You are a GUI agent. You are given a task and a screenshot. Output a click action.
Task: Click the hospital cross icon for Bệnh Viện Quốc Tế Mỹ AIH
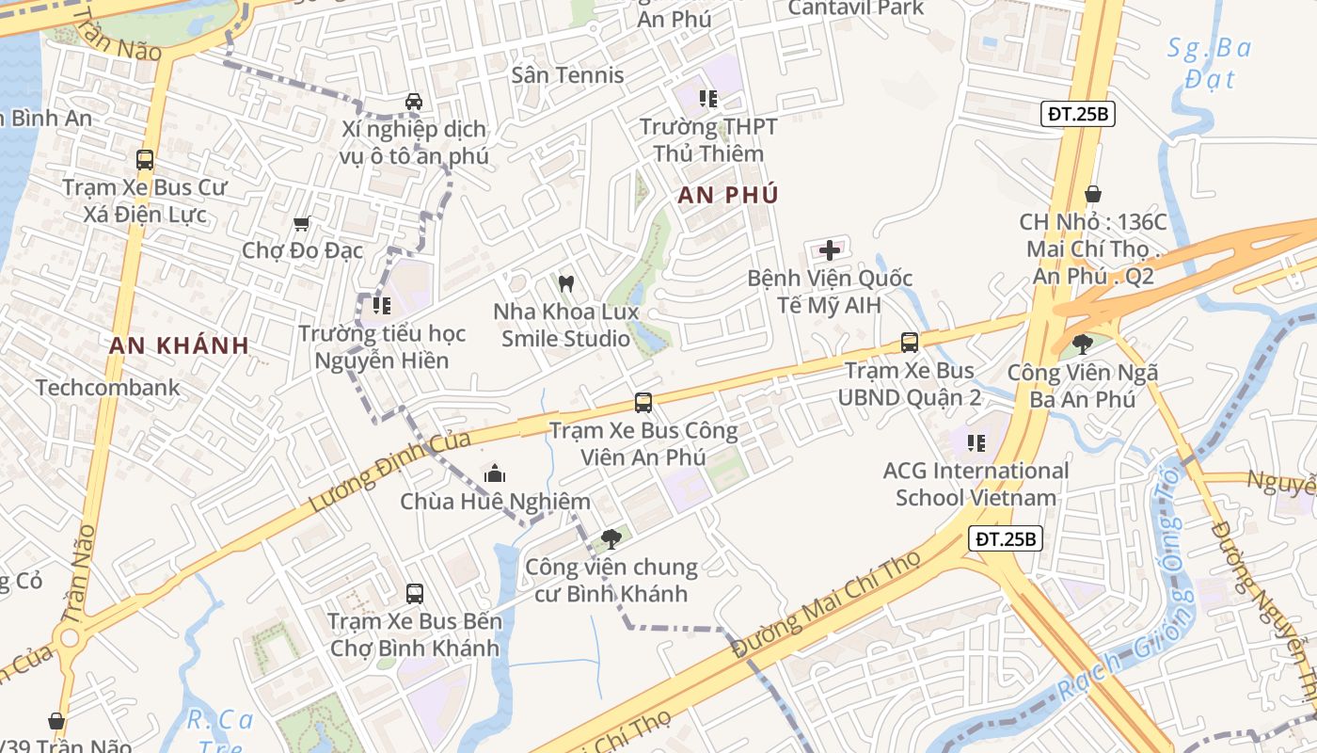click(830, 250)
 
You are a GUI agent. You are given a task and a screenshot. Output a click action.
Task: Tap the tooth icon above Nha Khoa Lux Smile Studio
click(566, 282)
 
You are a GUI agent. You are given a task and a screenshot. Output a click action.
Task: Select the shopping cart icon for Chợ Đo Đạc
click(302, 223)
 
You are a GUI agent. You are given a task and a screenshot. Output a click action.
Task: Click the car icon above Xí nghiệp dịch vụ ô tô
click(413, 101)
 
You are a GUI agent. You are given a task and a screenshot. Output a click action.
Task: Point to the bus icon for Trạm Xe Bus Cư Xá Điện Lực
click(145, 160)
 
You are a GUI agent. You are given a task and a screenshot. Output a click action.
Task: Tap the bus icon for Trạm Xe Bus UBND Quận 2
click(910, 343)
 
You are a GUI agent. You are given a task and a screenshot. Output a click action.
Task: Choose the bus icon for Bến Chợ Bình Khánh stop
click(415, 594)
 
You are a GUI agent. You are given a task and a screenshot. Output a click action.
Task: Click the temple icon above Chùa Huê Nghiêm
click(495, 473)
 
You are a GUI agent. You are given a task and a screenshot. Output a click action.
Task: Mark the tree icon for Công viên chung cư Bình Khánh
click(611, 539)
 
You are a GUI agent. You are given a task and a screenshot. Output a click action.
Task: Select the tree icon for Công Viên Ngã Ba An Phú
click(1083, 344)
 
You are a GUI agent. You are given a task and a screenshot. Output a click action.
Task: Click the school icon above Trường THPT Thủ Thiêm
click(708, 99)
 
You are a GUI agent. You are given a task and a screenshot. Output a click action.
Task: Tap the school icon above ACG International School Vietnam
click(976, 442)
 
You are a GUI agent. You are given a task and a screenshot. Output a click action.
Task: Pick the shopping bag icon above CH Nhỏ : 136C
click(1093, 195)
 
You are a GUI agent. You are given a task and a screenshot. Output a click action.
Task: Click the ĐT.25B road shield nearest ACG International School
click(1006, 539)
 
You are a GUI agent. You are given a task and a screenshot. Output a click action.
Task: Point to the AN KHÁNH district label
click(179, 345)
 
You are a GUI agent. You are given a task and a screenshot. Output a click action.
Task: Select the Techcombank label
click(108, 387)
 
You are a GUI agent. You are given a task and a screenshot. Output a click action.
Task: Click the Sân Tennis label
click(567, 75)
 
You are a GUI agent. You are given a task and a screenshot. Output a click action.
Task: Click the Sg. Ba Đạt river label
click(1210, 62)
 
